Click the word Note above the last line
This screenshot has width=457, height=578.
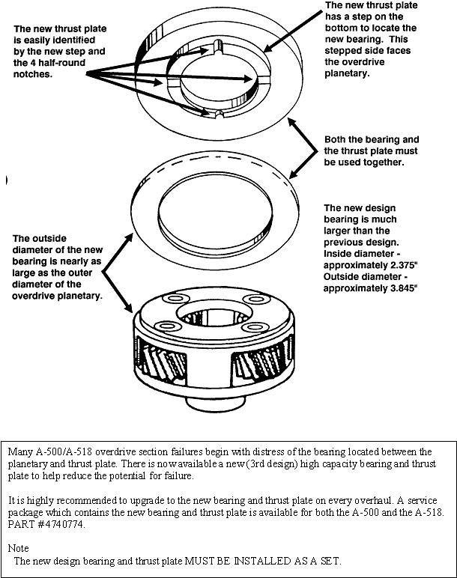19,548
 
